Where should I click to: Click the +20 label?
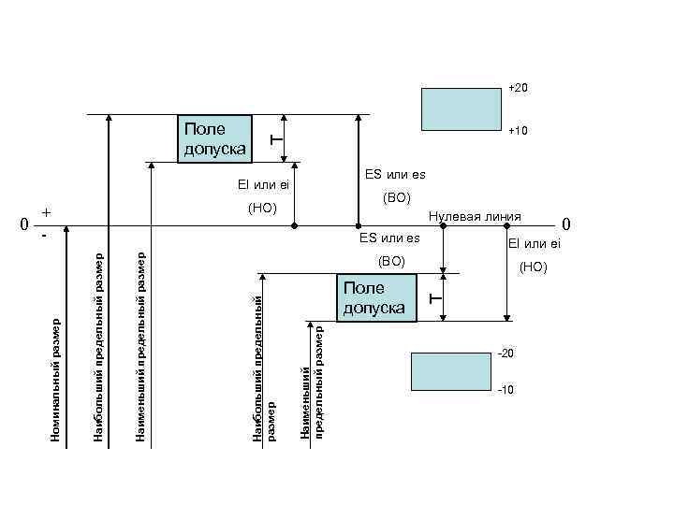[519, 88]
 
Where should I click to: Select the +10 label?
[519, 132]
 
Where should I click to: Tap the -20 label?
[505, 353]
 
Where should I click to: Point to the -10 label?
[505, 388]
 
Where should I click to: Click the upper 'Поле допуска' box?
[215, 138]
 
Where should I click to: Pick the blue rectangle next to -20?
[445, 370]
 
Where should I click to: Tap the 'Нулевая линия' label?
[474, 216]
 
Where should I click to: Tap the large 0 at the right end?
[565, 225]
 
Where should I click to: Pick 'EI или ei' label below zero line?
[534, 244]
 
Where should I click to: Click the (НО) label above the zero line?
[263, 206]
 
